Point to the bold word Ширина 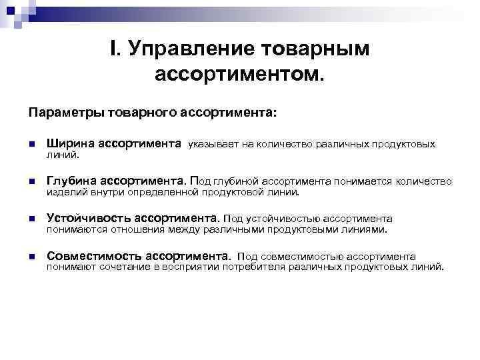click(x=71, y=143)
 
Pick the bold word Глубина click(x=71, y=181)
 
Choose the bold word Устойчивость click(x=88, y=218)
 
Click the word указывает click(x=215, y=144)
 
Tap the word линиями click(x=363, y=229)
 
